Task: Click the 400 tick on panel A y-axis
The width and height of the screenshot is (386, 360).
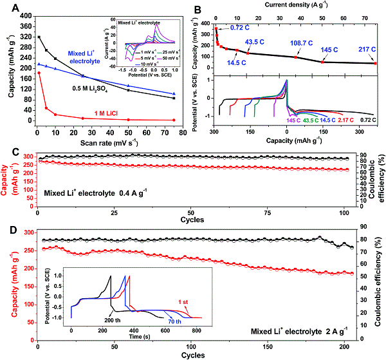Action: pyautogui.click(x=23, y=15)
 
